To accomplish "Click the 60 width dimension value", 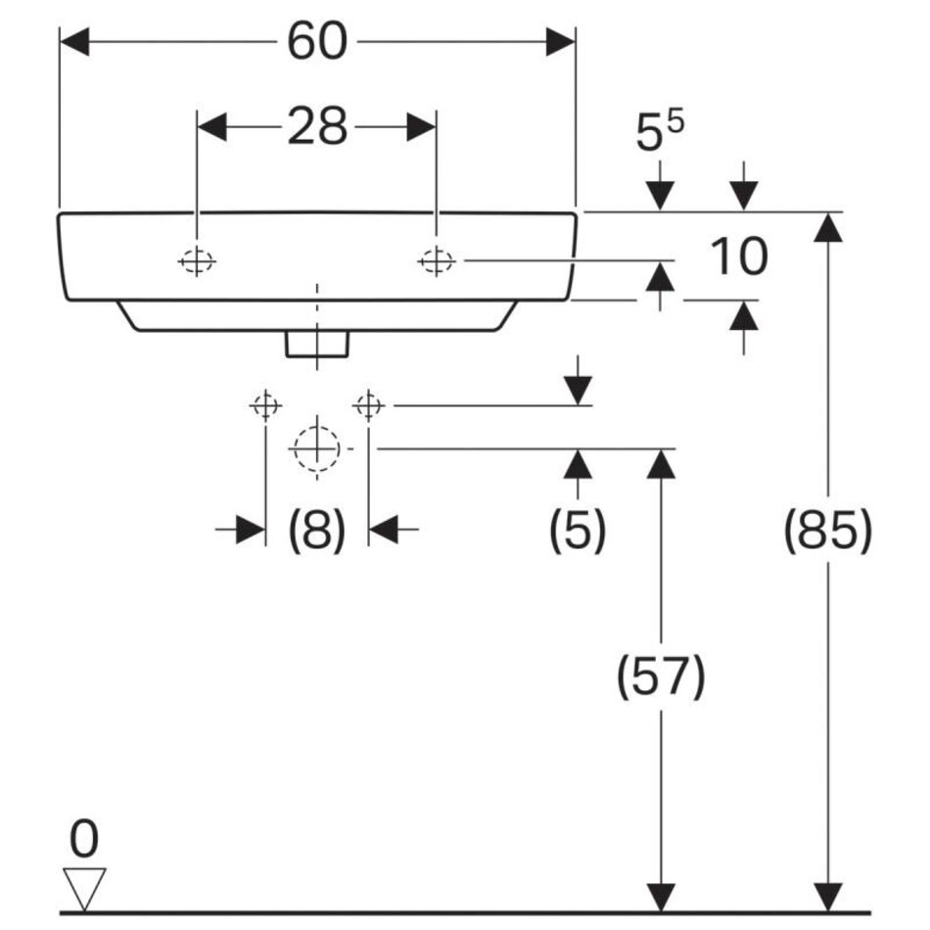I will pyautogui.click(x=317, y=42).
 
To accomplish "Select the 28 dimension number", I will pyautogui.click(x=317, y=126).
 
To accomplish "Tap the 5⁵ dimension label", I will pyautogui.click(x=660, y=134).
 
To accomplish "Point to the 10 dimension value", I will pyautogui.click(x=739, y=257).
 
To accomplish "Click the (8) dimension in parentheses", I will pyautogui.click(x=316, y=531).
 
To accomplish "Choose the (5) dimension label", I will pyautogui.click(x=577, y=531).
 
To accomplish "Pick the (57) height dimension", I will pyautogui.click(x=661, y=676).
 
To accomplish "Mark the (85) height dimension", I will pyautogui.click(x=827, y=532).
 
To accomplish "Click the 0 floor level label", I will pyautogui.click(x=85, y=839).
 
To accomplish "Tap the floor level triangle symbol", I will pyautogui.click(x=84, y=886).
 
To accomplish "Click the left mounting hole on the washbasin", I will pyautogui.click(x=197, y=261).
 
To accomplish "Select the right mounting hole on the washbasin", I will pyautogui.click(x=436, y=261).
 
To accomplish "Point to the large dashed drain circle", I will pyautogui.click(x=315, y=449).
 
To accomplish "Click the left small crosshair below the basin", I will pyautogui.click(x=265, y=404).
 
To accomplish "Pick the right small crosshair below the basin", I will pyautogui.click(x=368, y=404).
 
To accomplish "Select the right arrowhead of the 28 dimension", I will pyautogui.click(x=422, y=126).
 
